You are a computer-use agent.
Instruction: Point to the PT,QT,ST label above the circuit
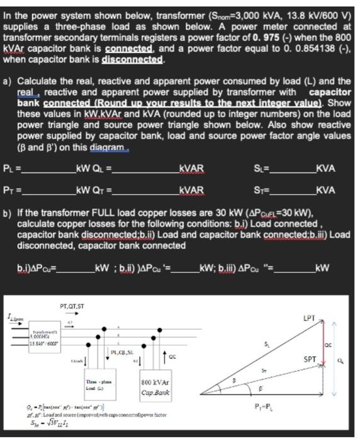point(72,307)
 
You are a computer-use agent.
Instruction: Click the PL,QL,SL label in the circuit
point(120,352)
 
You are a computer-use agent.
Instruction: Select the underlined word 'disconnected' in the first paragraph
point(134,60)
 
